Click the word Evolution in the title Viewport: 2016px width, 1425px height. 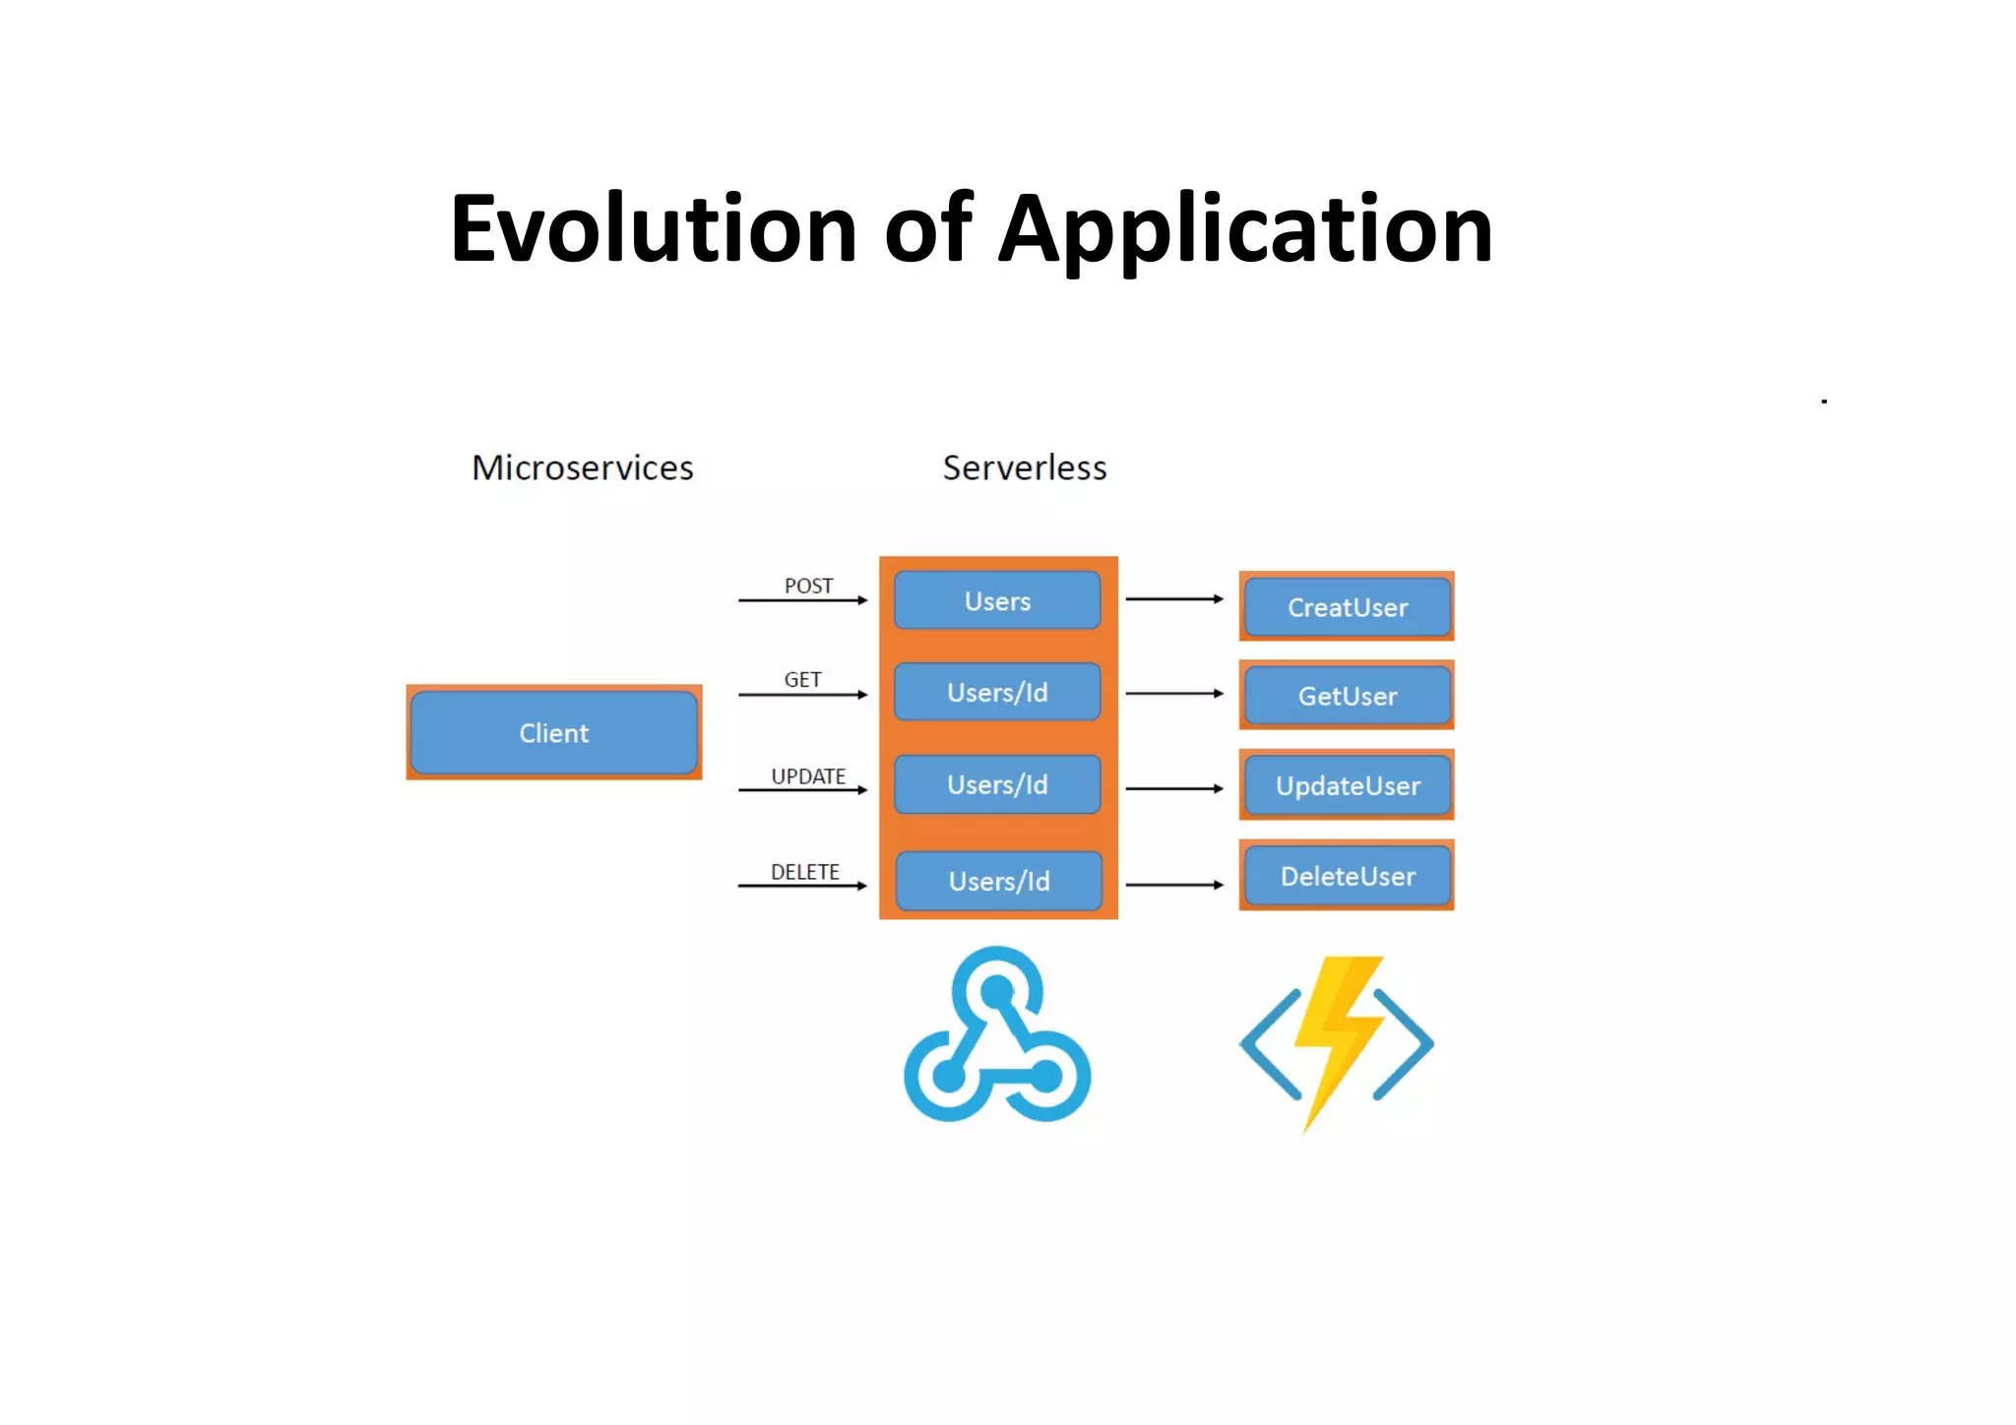[654, 230]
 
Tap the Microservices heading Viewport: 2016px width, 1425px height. [583, 467]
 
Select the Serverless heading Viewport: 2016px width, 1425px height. [1025, 467]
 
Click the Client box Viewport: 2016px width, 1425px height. [554, 733]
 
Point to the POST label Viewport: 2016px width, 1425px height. [808, 586]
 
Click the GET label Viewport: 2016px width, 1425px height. [802, 679]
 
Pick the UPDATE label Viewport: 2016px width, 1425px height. [808, 776]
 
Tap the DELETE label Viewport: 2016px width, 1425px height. [805, 872]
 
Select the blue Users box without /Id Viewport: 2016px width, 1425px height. [997, 600]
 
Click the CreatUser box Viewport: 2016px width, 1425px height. [1347, 607]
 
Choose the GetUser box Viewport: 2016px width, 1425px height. [1347, 696]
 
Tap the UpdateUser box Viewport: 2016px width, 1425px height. [1347, 785]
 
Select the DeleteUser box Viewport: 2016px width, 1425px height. [1347, 876]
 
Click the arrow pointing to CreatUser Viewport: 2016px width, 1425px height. [1174, 598]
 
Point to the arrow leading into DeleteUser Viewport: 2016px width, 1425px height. [1174, 885]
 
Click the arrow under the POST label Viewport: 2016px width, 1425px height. [802, 600]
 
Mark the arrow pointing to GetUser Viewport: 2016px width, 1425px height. [1174, 694]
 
